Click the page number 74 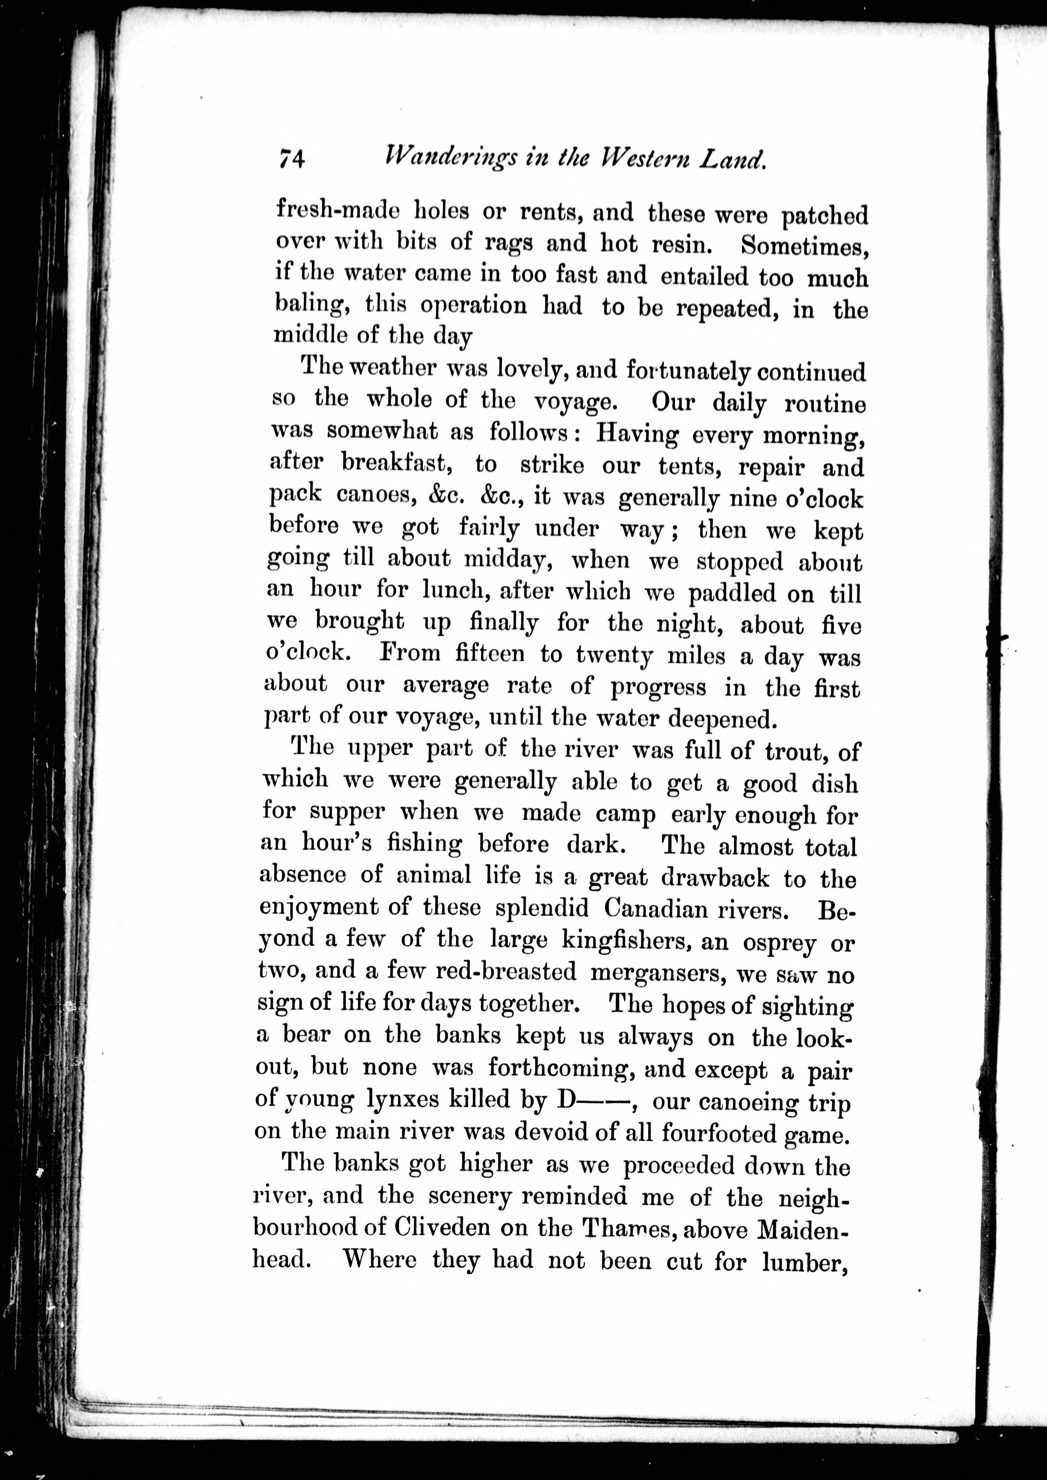292,157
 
